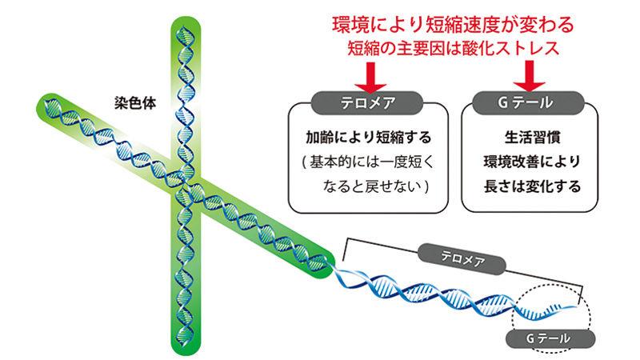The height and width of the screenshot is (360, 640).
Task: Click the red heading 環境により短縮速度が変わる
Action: (453, 25)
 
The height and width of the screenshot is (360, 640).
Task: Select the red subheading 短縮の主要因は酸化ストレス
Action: (453, 48)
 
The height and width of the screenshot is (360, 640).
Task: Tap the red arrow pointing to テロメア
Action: (370, 77)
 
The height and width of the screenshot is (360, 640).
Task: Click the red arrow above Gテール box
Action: (529, 76)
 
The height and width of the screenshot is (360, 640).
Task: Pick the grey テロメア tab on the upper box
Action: (367, 103)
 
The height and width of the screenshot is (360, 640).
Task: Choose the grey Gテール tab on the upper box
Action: (528, 103)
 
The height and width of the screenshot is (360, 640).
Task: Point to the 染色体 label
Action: (135, 103)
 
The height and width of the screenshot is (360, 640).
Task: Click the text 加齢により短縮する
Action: (369, 137)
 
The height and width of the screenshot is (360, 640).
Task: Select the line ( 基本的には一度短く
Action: (367, 162)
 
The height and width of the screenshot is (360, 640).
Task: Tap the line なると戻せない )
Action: (375, 186)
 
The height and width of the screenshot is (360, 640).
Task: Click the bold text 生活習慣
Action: (532, 137)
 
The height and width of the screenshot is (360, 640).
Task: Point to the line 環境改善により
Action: (532, 162)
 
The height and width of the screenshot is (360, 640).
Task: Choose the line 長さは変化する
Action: (532, 186)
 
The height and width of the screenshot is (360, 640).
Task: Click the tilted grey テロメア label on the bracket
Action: (462, 258)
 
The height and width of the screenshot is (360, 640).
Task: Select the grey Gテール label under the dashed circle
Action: (550, 338)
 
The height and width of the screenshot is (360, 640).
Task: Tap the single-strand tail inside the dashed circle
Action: (548, 311)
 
